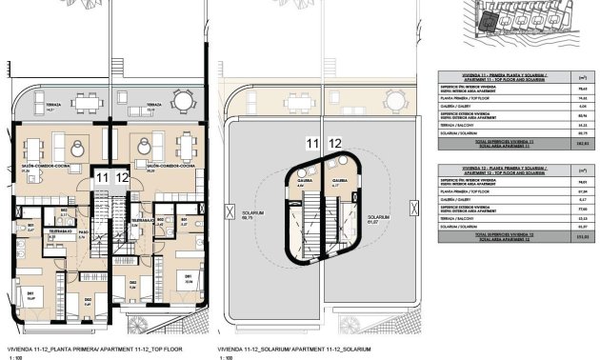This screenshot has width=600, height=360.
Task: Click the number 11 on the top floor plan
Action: pyautogui.click(x=102, y=177)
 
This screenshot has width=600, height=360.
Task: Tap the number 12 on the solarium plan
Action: pyautogui.click(x=334, y=144)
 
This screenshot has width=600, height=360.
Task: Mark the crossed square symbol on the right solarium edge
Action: pyautogui.click(x=410, y=204)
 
